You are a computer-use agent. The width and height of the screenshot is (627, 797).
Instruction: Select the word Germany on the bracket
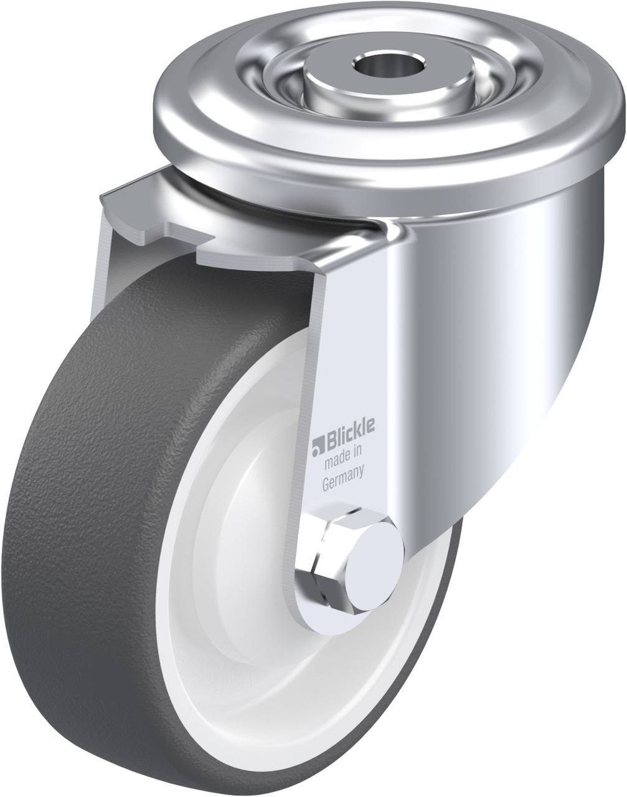point(343,471)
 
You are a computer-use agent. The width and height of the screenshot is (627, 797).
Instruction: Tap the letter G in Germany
point(326,471)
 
